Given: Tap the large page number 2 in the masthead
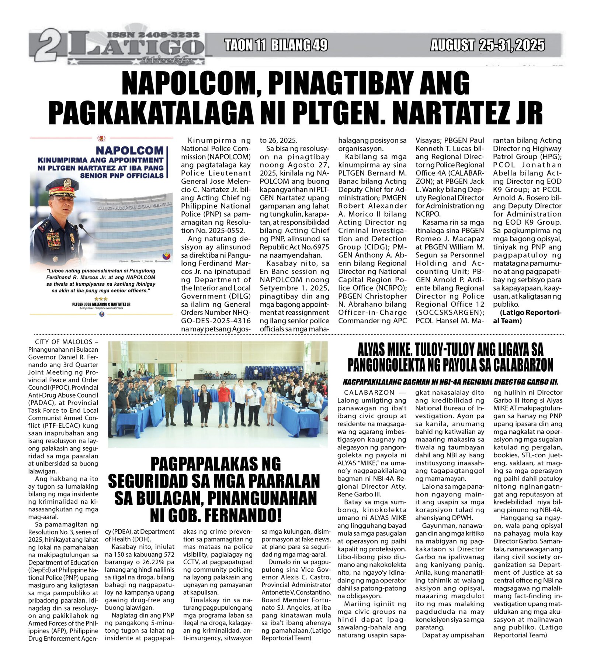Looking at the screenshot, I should click(49, 48).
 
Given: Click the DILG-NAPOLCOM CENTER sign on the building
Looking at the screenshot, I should click(135, 206).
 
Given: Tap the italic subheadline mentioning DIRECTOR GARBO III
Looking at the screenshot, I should click(450, 382).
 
